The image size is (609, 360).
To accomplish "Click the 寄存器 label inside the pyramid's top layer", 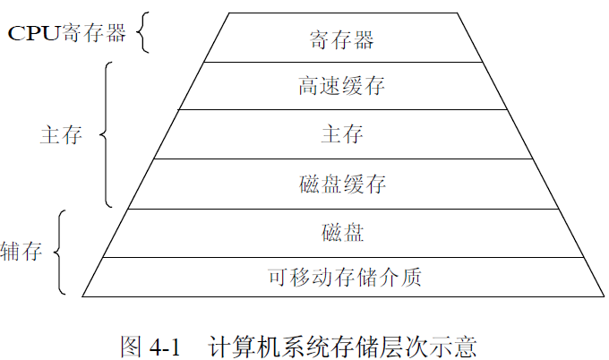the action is pos(341,39).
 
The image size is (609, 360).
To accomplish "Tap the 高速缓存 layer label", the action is pos(341,87).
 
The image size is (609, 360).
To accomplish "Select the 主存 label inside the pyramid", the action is pos(341,135).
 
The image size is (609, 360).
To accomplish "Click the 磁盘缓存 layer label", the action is pos(341,184).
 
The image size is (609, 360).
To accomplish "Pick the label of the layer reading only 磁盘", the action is pos(341,234).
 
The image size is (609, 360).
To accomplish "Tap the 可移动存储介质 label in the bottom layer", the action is pos(344,277).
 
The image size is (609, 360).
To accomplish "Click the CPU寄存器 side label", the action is pos(68,33).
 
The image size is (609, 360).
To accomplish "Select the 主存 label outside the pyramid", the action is pos(61,135).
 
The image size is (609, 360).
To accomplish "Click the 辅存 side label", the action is pos(22,251).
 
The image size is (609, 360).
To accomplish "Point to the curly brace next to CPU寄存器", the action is pos(142,33).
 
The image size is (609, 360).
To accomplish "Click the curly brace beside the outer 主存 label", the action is pos(106,135).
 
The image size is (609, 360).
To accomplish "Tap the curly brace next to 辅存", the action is pos(58,252).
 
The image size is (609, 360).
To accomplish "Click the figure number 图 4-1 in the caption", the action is pos(150,345).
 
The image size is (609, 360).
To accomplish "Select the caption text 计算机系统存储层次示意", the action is pos(341,345).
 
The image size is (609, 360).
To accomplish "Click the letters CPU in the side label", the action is pos(33,33).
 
